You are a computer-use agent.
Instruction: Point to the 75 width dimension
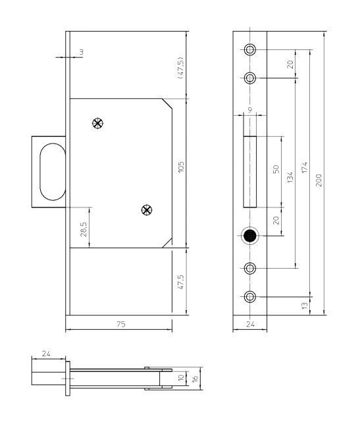pyautogui.click(x=120, y=324)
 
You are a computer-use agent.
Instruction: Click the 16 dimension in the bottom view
pyautogui.click(x=195, y=379)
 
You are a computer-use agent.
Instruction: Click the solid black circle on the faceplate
pyautogui.click(x=250, y=236)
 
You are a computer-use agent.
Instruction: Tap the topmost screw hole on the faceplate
pyautogui.click(x=250, y=51)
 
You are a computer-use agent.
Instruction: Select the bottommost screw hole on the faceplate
pyautogui.click(x=250, y=296)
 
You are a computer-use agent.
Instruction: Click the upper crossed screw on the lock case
pyautogui.click(x=98, y=123)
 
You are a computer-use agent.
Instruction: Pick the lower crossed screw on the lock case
pyautogui.click(x=147, y=210)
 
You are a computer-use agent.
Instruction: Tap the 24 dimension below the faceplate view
pyautogui.click(x=250, y=324)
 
